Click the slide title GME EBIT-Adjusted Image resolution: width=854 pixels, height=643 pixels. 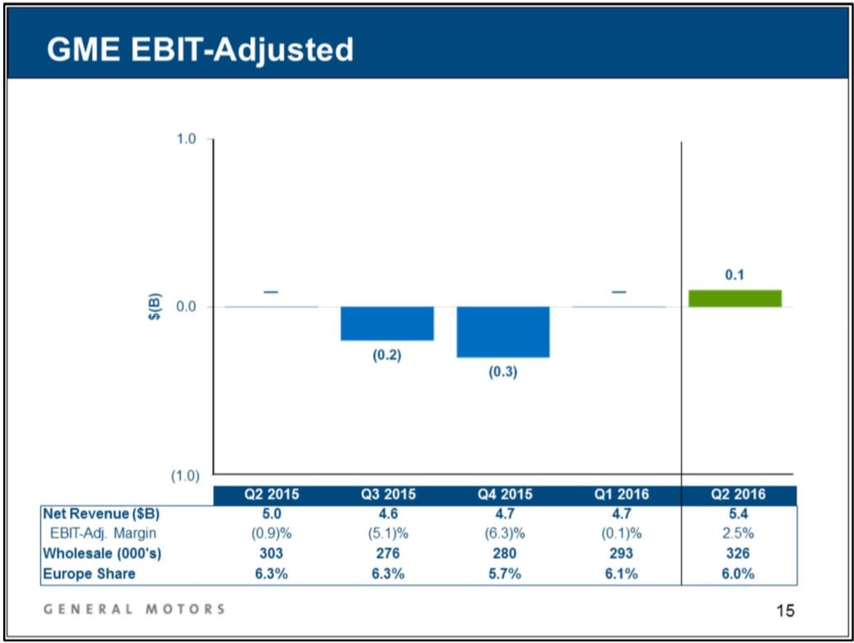tap(200, 50)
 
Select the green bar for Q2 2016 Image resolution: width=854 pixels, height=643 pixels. tap(735, 298)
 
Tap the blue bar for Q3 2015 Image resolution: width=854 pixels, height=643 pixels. tap(387, 323)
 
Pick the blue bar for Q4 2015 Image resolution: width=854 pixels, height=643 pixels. tap(503, 331)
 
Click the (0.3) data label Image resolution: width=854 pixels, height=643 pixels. tap(503, 372)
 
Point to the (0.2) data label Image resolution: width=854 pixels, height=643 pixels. tap(386, 356)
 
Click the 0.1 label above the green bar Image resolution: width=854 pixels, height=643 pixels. tap(735, 275)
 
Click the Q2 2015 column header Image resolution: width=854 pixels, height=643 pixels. tap(271, 495)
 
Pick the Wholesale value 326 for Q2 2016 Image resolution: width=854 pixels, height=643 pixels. tap(739, 553)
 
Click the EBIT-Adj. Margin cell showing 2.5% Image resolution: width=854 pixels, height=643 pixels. tap(739, 534)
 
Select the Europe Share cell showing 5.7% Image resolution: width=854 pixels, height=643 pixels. tap(503, 573)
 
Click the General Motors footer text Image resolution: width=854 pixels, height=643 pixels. tap(133, 609)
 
